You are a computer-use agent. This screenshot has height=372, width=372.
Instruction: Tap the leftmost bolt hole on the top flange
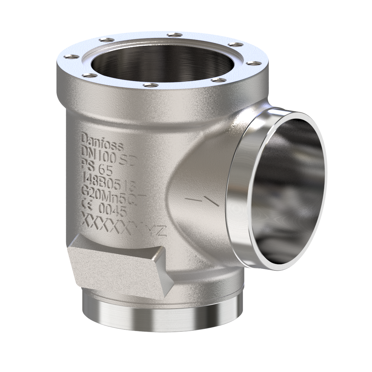[x=71, y=56]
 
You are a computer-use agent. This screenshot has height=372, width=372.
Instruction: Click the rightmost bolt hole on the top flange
[x=254, y=64]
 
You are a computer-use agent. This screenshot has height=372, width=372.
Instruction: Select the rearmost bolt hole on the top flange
[x=174, y=34]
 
